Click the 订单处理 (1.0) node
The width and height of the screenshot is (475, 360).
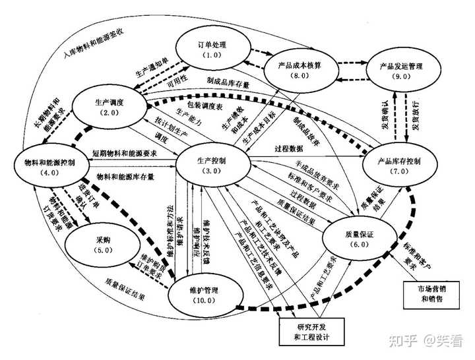point(212,50)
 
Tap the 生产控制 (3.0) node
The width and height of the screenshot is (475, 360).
point(212,165)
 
